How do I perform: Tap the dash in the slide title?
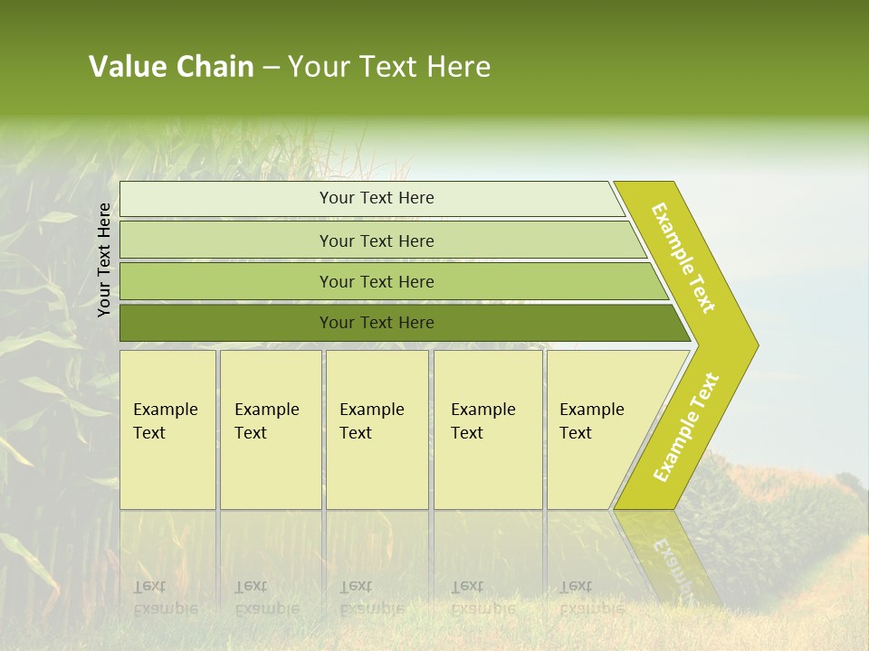click(x=271, y=68)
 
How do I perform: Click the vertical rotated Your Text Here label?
click(x=104, y=260)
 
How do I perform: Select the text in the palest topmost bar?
click(x=377, y=198)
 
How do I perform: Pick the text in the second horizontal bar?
click(x=377, y=241)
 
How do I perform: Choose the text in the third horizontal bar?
click(x=377, y=282)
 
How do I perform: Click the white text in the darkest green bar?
click(x=377, y=323)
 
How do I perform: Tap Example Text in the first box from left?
click(x=165, y=421)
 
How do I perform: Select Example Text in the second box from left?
click(x=266, y=421)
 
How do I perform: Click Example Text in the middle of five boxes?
click(x=371, y=421)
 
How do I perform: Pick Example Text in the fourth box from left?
click(x=482, y=421)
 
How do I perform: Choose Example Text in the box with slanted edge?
click(x=591, y=421)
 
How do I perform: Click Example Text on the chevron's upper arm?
click(x=683, y=258)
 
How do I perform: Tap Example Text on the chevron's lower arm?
click(x=686, y=427)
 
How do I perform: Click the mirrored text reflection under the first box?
click(x=165, y=598)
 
